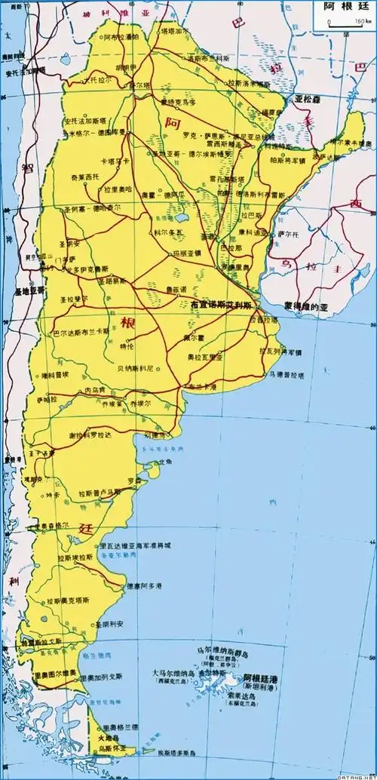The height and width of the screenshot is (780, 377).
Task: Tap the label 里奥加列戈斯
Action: [x=104, y=679]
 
